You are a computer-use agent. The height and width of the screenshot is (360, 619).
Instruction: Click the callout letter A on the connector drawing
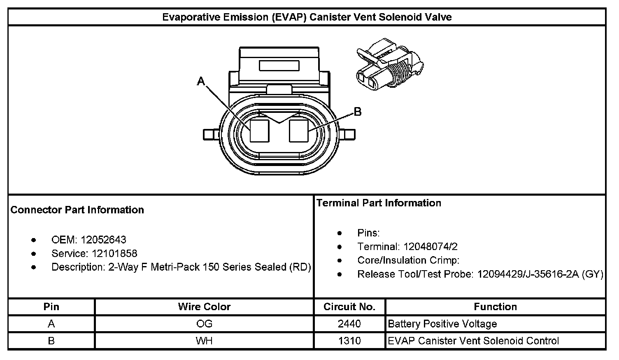(x=201, y=82)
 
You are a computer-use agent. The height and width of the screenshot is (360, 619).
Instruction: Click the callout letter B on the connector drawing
(x=358, y=112)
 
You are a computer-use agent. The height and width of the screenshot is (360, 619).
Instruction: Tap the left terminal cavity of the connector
(x=260, y=131)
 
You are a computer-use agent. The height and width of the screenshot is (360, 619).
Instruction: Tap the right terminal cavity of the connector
(x=299, y=131)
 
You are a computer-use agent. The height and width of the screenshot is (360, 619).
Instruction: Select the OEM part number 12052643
(x=103, y=240)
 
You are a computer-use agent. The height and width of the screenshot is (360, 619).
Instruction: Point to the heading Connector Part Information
(x=77, y=210)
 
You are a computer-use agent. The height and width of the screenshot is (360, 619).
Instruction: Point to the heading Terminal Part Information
(x=379, y=203)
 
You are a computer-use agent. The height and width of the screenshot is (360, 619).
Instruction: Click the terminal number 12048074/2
(x=431, y=247)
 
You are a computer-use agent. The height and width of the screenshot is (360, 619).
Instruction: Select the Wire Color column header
(x=204, y=307)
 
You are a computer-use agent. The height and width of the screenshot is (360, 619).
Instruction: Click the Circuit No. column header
(x=349, y=307)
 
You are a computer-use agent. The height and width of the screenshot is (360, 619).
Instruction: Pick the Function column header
(x=495, y=307)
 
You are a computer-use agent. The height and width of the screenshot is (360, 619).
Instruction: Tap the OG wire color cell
(x=204, y=324)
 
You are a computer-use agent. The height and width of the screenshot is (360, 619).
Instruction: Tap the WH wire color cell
(x=204, y=341)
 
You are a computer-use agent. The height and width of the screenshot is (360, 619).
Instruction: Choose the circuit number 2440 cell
(x=349, y=324)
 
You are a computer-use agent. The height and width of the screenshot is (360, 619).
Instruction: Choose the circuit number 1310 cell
(x=349, y=341)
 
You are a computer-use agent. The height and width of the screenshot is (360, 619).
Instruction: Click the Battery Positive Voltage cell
(x=442, y=324)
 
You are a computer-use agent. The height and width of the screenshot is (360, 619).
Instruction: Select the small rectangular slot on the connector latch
(x=279, y=66)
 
